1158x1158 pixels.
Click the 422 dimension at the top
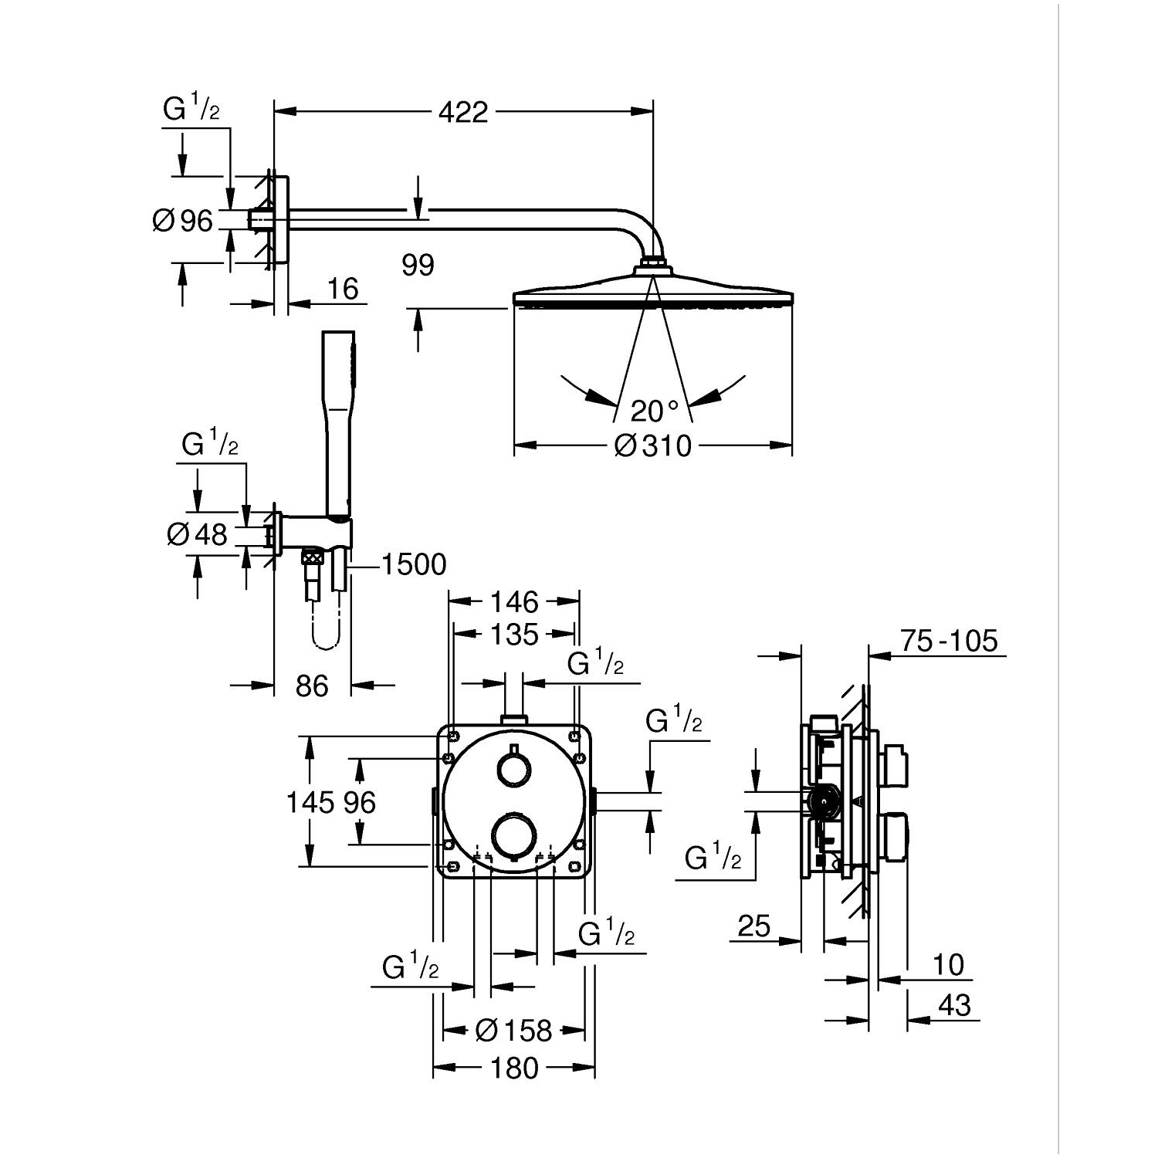(463, 113)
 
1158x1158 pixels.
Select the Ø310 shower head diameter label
(653, 445)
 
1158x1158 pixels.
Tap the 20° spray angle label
(653, 411)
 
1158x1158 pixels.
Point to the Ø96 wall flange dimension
(183, 221)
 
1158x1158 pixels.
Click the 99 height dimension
(418, 265)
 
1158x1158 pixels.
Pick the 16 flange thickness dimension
(343, 289)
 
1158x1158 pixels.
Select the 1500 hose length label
(414, 564)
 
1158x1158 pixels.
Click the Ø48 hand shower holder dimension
(198, 533)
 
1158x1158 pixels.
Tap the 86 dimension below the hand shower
(312, 686)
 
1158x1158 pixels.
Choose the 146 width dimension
(515, 601)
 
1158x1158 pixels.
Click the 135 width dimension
(515, 635)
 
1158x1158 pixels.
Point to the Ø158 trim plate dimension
(514, 1030)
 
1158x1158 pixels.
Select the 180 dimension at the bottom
(514, 1068)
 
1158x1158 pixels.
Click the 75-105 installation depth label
(949, 641)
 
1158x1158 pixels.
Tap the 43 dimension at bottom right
(954, 1005)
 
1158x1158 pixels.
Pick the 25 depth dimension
(753, 925)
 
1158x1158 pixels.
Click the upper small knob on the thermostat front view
(513, 769)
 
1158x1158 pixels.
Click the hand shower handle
(339, 432)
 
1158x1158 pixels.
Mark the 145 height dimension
(309, 803)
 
